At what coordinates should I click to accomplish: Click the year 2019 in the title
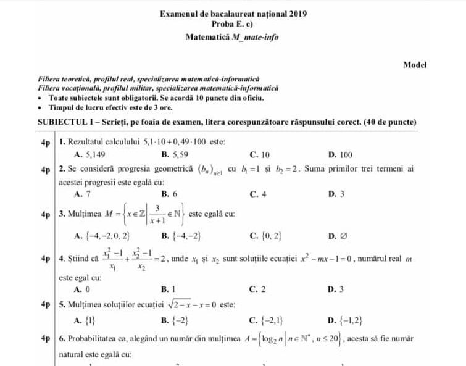[297, 13]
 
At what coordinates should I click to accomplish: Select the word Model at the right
[415, 64]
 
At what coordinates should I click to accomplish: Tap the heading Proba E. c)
[233, 24]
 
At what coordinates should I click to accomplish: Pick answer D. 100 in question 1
[341, 155]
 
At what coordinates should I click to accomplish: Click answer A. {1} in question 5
[83, 320]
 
